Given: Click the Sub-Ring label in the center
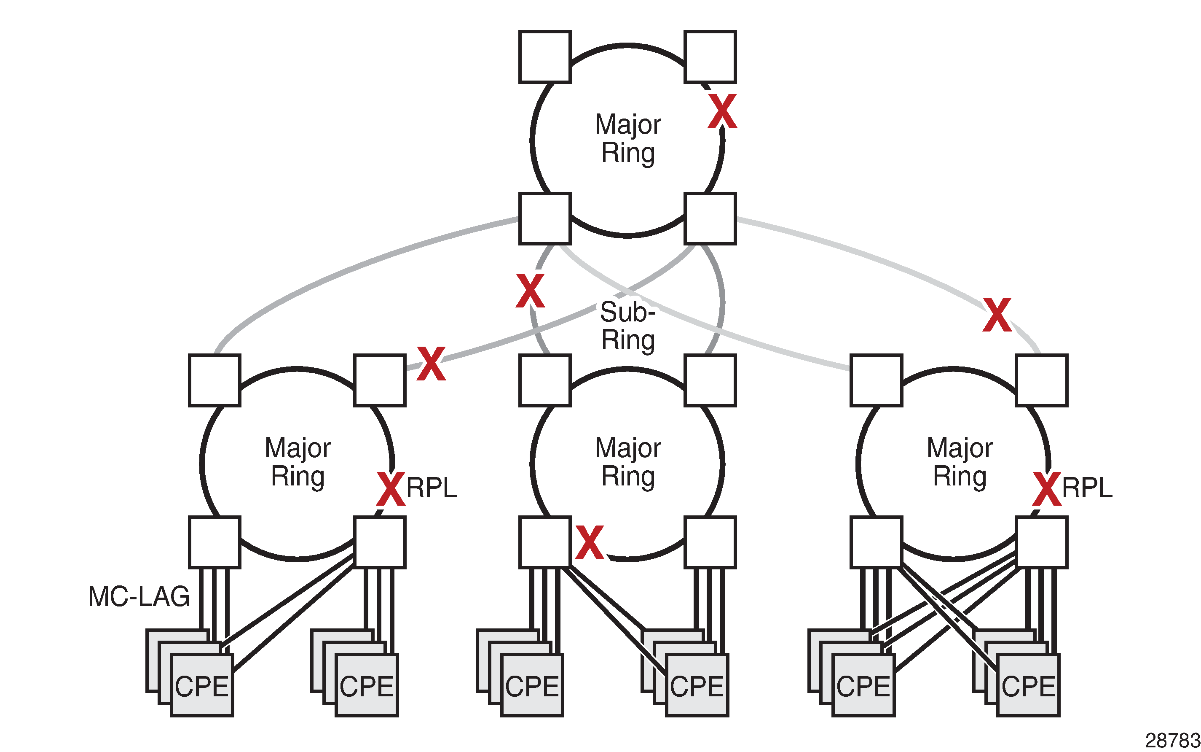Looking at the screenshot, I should pos(627,326).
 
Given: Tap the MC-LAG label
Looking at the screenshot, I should pos(139,596).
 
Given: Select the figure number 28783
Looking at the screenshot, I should pos(1172,741).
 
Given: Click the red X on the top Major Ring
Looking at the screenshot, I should pos(722,111).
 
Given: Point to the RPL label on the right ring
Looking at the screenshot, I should pos(1087,488).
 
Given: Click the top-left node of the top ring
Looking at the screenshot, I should pos(544,57).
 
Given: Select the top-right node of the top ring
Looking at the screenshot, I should pos(710,57).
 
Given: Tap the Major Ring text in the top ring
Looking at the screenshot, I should pos(628,138).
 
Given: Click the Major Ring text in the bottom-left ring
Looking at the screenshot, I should pos(298,462).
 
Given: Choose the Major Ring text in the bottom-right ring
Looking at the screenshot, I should pos(960,462).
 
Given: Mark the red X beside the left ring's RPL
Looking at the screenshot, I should pos(391,489).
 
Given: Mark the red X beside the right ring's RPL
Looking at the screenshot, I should pos(1047,489).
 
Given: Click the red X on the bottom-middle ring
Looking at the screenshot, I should pos(589,542).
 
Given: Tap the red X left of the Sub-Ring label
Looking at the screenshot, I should pos(530,291).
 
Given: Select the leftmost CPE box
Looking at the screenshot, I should pos(202,685).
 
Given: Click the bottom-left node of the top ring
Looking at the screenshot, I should pos(544,219).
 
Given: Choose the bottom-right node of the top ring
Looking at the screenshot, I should pos(710,219).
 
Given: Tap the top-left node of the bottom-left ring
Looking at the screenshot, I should pos(214,380).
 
